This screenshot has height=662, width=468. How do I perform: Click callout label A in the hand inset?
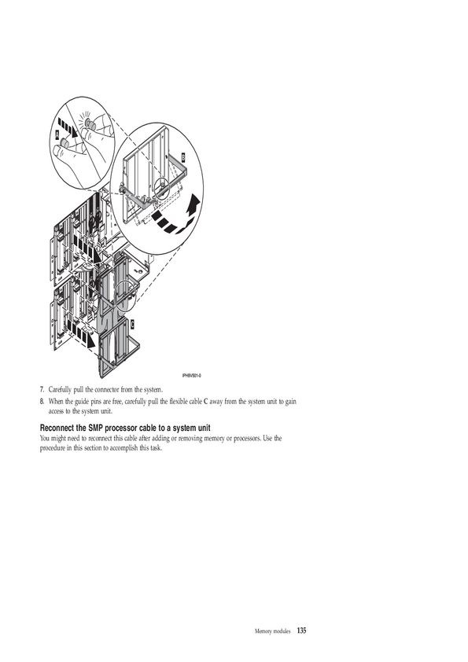[57, 134]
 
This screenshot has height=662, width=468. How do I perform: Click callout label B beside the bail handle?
[183, 156]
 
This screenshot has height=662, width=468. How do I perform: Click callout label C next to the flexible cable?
[132, 324]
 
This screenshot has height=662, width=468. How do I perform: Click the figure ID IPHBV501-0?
[191, 376]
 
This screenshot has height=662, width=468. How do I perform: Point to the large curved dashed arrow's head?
[193, 203]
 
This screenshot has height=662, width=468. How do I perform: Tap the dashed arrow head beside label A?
[76, 133]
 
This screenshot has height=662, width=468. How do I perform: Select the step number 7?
[42, 389]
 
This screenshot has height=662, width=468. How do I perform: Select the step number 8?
[42, 401]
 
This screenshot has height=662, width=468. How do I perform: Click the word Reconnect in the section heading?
[57, 428]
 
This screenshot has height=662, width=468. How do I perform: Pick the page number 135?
[301, 631]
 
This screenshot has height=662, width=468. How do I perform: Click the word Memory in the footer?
[263, 631]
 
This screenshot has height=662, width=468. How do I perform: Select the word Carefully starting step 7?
[60, 389]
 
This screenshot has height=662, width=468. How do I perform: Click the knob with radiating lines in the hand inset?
[88, 122]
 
